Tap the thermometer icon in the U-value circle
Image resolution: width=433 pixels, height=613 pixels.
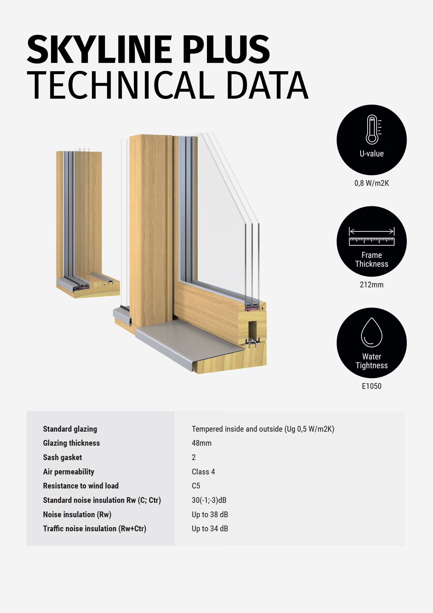coord(372,129)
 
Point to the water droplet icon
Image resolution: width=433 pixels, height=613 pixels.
coord(371,332)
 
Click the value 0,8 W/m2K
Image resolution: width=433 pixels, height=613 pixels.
coord(371,183)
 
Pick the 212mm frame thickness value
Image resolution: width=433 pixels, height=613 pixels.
coord(371,284)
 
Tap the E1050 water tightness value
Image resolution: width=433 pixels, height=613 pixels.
coord(371,386)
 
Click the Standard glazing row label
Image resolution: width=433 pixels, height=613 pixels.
coord(70,429)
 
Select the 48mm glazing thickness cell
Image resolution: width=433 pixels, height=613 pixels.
coord(202,443)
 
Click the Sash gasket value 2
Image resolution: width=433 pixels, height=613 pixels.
coord(194,457)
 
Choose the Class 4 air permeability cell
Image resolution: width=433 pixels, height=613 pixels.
coord(203,472)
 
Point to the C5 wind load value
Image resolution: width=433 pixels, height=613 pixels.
coord(196,486)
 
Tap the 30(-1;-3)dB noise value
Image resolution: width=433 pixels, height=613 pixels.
coord(209,500)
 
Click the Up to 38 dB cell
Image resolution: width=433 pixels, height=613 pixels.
coord(210,514)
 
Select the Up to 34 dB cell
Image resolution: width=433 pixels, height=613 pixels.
coord(210,528)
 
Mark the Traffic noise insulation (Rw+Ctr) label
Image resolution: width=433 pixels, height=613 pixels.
coord(94,528)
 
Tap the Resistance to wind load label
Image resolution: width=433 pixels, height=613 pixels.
coord(81,486)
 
